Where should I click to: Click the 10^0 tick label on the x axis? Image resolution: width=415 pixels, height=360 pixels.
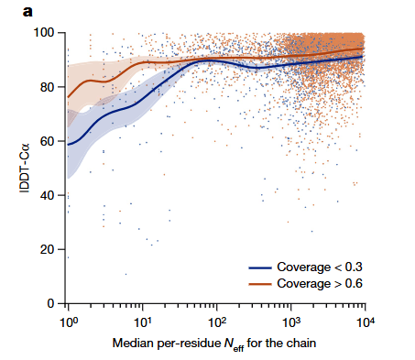click(x=67, y=322)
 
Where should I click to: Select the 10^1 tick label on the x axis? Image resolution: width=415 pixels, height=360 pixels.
click(x=142, y=322)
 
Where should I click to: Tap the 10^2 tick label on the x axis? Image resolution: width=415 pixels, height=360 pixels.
click(x=217, y=322)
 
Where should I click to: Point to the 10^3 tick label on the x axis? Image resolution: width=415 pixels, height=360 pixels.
click(x=291, y=322)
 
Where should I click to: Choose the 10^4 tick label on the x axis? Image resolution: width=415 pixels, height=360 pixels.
click(x=366, y=322)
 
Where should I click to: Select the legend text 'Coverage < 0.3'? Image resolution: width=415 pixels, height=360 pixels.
click(x=319, y=267)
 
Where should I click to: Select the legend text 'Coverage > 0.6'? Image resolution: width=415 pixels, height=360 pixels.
click(x=319, y=284)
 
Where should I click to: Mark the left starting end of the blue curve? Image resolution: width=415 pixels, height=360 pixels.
click(x=68, y=144)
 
